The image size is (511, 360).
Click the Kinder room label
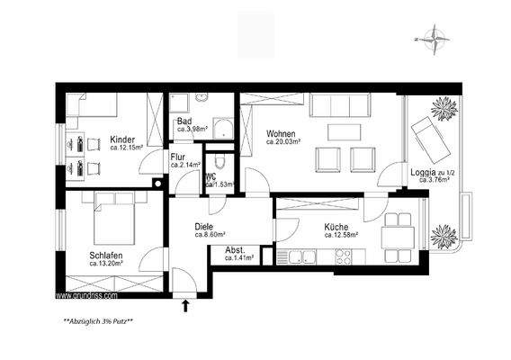123,139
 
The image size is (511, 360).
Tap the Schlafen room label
106,256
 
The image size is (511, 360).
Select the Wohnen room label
281,133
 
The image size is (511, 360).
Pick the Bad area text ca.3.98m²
192,130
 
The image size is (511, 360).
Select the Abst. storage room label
235,249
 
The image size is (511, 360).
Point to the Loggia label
425,171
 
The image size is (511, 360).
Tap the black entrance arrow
186,305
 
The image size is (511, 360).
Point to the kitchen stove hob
344,258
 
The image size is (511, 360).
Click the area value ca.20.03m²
282,142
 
